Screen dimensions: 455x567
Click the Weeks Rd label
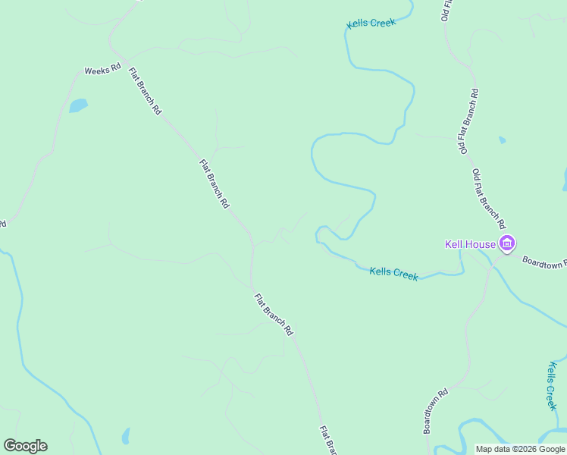click(102, 69)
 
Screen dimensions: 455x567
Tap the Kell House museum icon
click(506, 244)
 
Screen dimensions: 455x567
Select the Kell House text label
click(470, 244)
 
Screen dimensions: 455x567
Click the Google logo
click(25, 446)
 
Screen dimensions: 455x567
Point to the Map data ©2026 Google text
click(520, 449)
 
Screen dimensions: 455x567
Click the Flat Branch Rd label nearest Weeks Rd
click(146, 92)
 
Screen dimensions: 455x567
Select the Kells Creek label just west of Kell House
click(393, 273)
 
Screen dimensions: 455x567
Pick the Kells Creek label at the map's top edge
click(371, 24)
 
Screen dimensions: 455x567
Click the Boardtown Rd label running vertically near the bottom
click(436, 411)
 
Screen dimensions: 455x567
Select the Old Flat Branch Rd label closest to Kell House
click(489, 199)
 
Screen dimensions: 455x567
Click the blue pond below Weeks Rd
click(78, 105)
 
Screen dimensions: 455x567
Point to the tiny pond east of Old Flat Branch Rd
click(502, 140)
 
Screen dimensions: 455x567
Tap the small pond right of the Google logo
click(126, 436)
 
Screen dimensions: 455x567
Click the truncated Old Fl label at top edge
click(447, 11)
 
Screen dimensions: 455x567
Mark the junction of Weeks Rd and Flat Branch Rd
click(125, 59)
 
